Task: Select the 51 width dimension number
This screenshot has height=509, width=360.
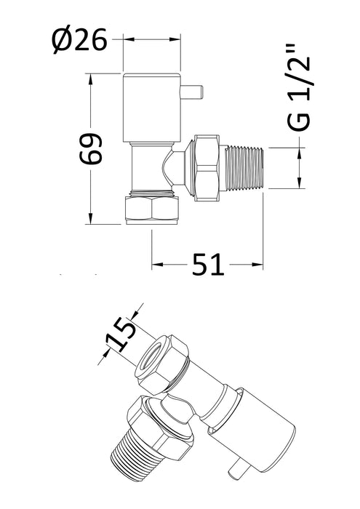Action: tap(205, 265)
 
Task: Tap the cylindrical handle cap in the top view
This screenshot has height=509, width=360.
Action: tap(151, 105)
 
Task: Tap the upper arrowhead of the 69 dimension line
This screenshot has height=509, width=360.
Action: tap(91, 76)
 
